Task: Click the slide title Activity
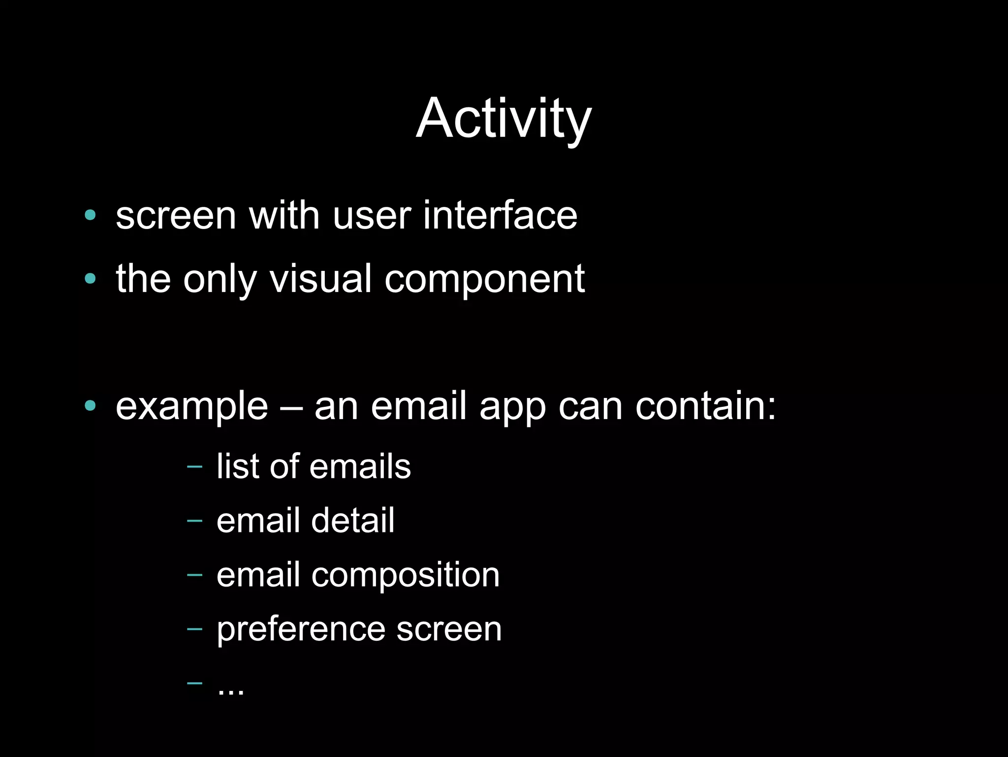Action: (504, 119)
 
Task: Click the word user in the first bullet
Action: (372, 215)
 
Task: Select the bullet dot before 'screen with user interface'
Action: (90, 215)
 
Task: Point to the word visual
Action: (320, 279)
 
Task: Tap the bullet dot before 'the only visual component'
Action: (90, 279)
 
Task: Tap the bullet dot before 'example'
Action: (90, 406)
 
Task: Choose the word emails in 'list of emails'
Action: (360, 466)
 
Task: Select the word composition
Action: (405, 575)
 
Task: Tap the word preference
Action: (300, 630)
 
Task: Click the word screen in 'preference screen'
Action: (449, 630)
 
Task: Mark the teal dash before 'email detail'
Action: (195, 521)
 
